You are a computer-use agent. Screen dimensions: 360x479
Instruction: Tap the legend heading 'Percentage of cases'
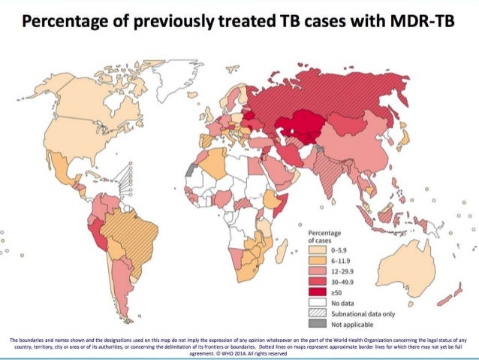point(324,236)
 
